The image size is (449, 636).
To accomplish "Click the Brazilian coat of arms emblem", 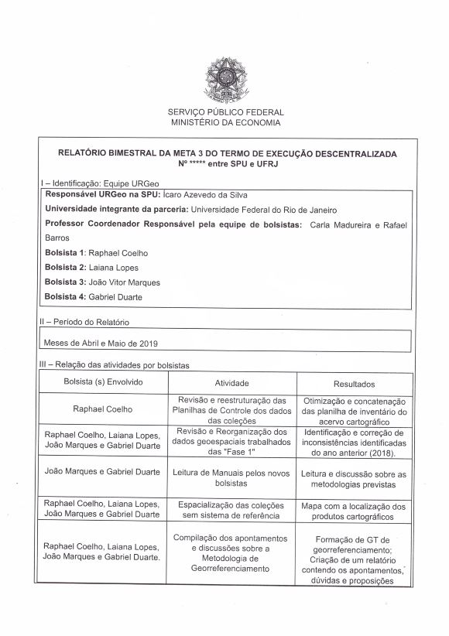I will (225, 80).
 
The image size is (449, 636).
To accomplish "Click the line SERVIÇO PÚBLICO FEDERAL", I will (225, 112).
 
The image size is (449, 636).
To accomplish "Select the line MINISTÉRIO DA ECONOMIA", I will (225, 122).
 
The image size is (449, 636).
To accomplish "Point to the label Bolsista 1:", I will (66, 253).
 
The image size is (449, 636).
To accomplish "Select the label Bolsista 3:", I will (66, 282).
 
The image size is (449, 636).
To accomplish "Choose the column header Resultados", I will (354, 384).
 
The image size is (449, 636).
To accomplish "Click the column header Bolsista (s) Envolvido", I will (104, 383).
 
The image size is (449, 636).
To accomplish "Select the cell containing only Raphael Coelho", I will (104, 409).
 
